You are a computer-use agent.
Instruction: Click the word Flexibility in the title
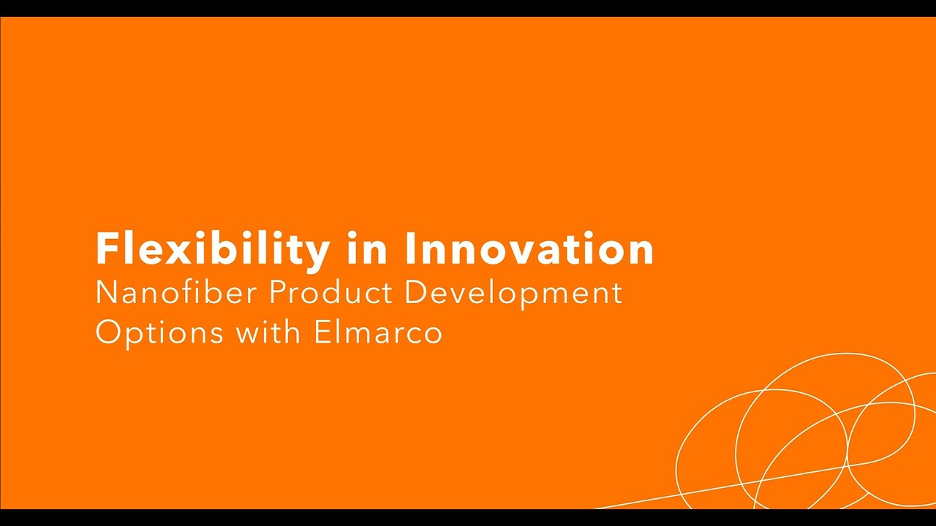click(x=212, y=249)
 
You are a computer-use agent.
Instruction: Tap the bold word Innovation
click(x=529, y=249)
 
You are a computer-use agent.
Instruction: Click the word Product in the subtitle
click(x=331, y=294)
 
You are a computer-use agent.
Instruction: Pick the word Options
click(x=159, y=333)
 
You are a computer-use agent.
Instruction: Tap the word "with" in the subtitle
click(x=268, y=332)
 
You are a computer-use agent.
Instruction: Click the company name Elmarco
click(x=378, y=332)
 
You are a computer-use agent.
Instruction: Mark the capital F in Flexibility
click(x=107, y=249)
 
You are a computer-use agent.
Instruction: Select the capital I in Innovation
click(x=410, y=249)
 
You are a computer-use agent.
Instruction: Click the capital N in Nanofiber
click(x=107, y=294)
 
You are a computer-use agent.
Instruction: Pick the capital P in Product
click(x=276, y=294)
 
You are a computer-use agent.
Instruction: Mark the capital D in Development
click(x=415, y=294)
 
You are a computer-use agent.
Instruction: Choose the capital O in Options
click(x=108, y=333)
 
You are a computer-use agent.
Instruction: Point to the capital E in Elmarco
click(x=321, y=332)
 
